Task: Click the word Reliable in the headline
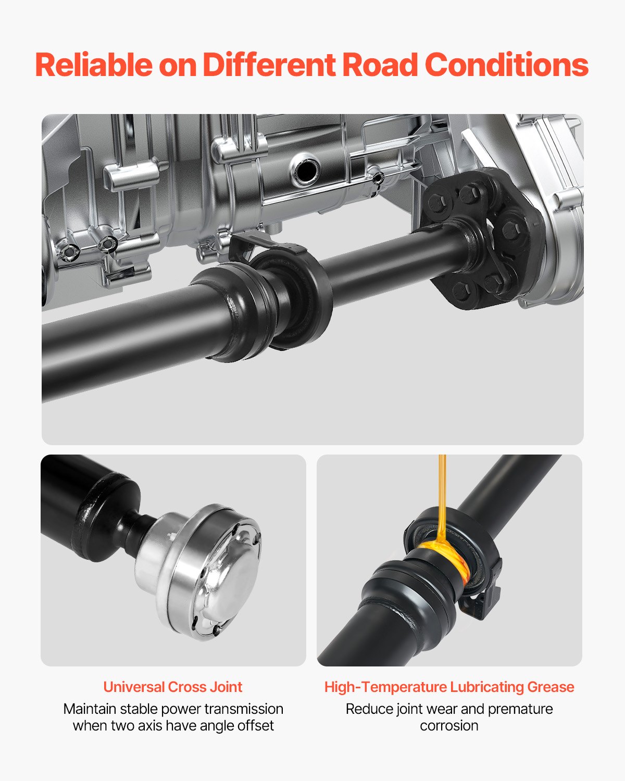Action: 93,65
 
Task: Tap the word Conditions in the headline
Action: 506,65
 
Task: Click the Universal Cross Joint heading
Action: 172,687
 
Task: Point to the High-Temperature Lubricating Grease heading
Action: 449,687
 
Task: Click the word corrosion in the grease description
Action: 449,725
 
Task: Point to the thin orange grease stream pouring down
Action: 442,495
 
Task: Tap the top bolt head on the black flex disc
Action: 469,194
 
